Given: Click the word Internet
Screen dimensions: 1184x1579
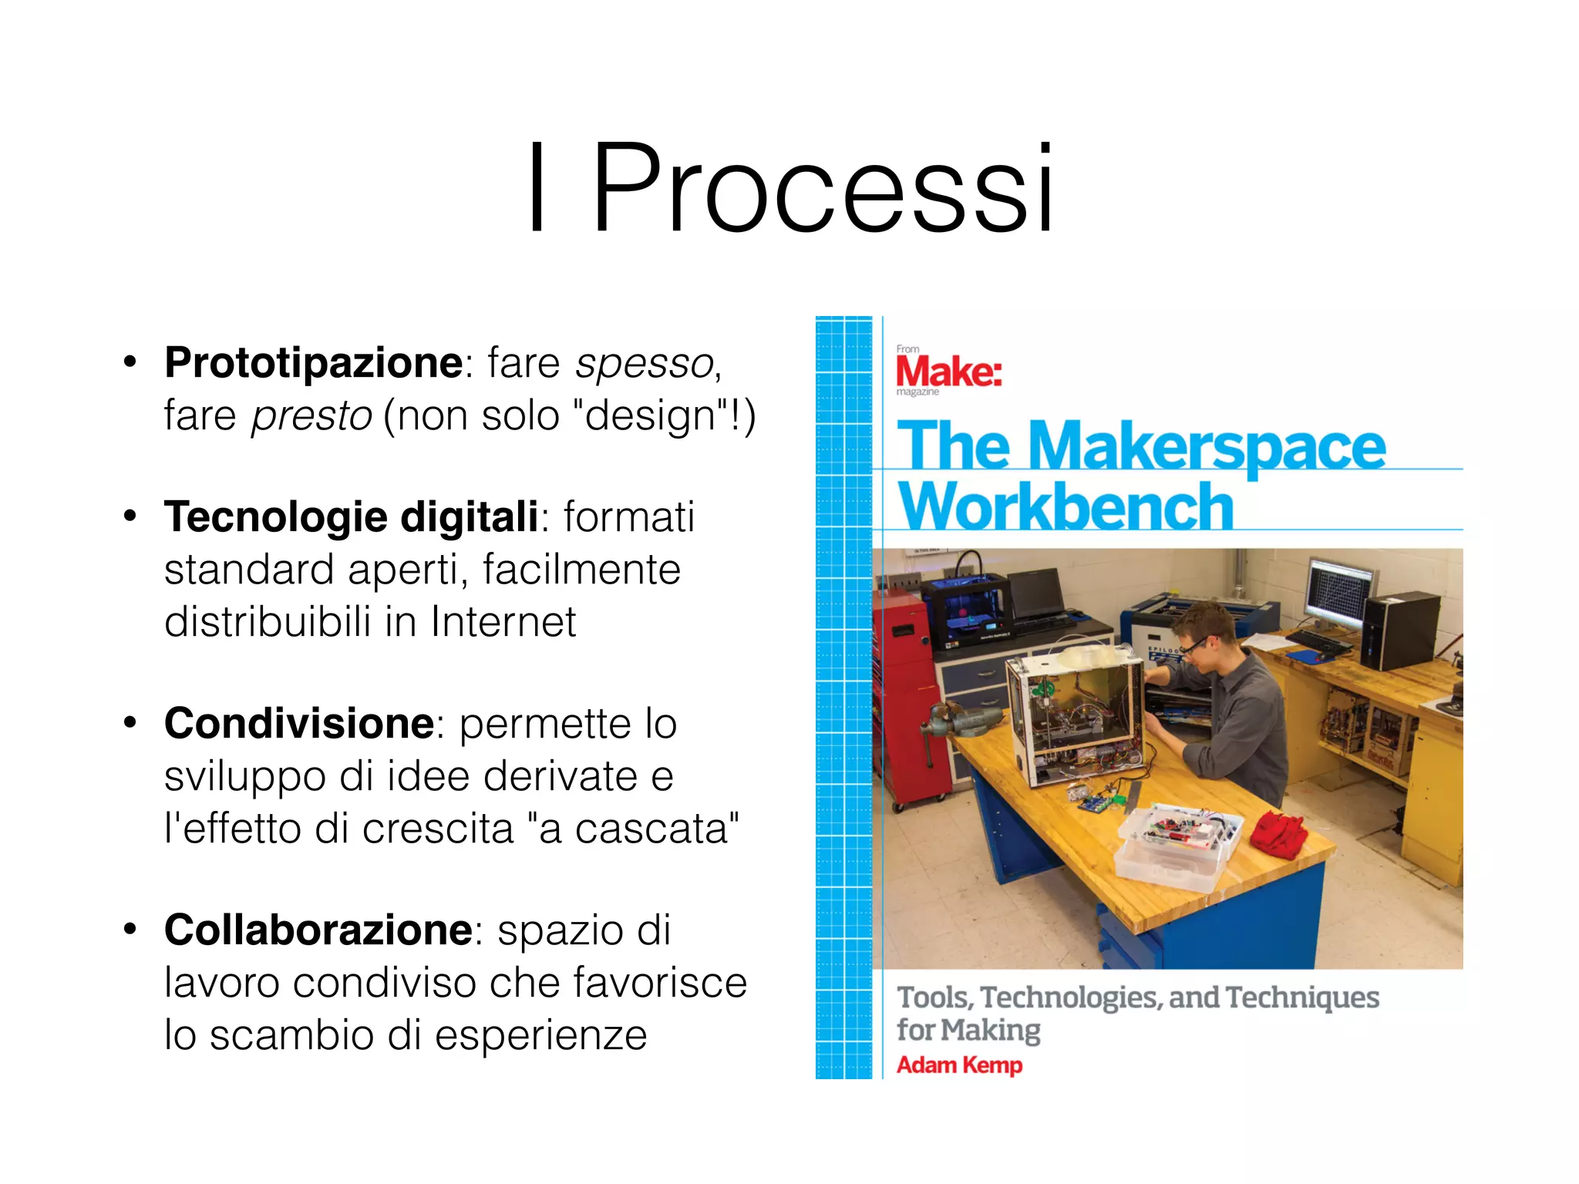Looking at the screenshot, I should pos(503,622).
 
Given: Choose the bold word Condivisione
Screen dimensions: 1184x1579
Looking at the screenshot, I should pos(299,724).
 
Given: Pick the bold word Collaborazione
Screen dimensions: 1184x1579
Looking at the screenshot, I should pos(318,930).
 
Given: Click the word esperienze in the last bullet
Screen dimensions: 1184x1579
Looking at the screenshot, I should pos(540,1035).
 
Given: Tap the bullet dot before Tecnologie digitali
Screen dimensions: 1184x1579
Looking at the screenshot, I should pos(130,516).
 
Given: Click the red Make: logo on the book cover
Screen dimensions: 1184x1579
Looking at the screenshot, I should pos(948,372).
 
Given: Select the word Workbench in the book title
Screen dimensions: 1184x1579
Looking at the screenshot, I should pos(1066,506).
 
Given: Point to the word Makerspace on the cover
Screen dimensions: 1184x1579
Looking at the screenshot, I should pos(1207,447).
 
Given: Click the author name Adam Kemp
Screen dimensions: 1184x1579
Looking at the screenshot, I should pos(959,1065).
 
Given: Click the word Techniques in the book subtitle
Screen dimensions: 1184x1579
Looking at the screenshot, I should pos(1302,997).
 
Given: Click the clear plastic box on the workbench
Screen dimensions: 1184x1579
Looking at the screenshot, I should pos(1177,848).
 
